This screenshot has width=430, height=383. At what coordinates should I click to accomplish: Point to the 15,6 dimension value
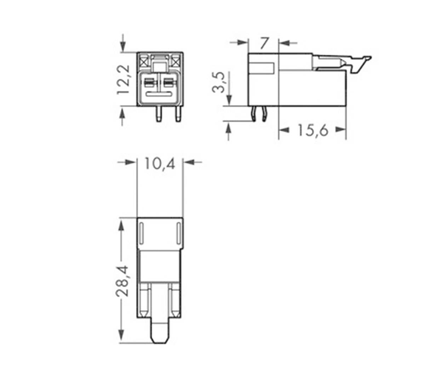click(313, 130)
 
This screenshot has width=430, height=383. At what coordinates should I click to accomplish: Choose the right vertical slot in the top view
click(178, 233)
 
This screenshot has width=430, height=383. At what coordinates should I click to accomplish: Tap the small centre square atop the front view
click(160, 66)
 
